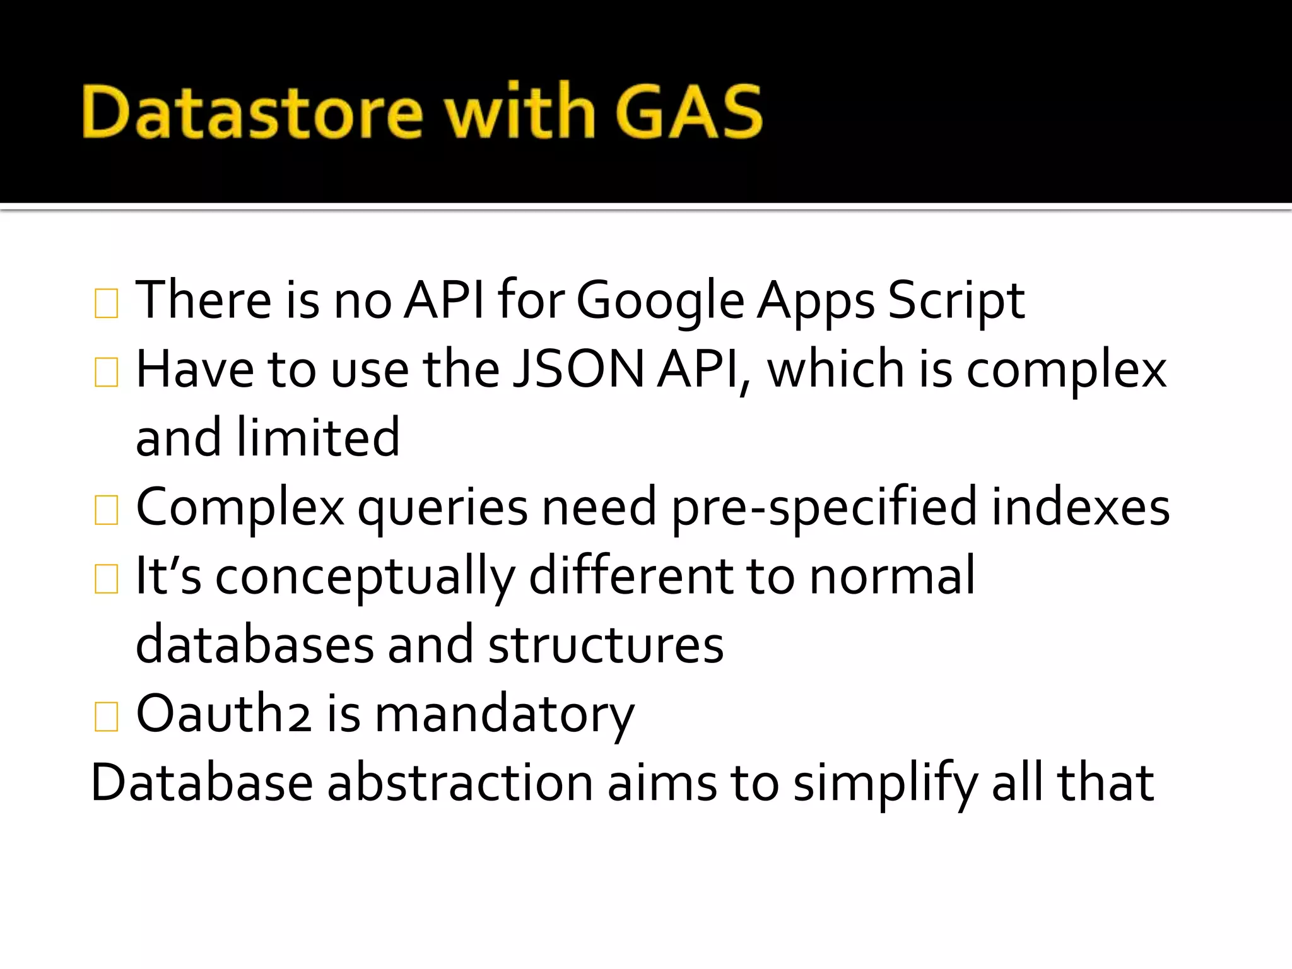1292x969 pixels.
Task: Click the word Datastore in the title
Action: pos(252,112)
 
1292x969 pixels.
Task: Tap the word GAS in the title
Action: pos(689,112)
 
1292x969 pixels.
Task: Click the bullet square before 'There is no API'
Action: pos(106,303)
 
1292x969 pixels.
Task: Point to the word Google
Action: pos(660,301)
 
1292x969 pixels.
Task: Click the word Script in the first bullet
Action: pos(956,301)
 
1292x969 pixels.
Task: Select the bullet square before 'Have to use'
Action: pos(106,372)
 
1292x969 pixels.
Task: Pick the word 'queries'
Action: pos(442,508)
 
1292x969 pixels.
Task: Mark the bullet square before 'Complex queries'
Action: pos(106,510)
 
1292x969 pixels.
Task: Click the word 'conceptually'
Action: pos(365,577)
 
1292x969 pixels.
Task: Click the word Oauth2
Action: pos(224,714)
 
